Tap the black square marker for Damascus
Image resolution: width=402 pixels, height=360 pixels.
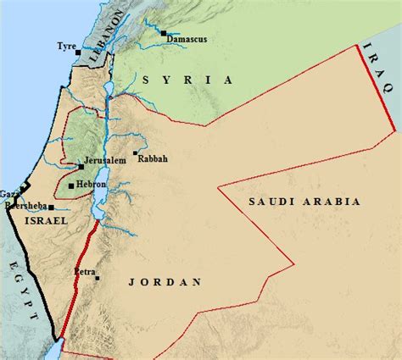(162, 34)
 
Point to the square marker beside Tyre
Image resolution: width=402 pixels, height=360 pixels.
(79, 53)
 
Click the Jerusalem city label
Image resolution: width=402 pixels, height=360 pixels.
(104, 160)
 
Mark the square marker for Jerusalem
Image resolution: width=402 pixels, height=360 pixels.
(81, 167)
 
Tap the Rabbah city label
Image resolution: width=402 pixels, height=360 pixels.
(154, 158)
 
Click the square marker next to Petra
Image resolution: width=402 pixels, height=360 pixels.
(98, 278)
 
